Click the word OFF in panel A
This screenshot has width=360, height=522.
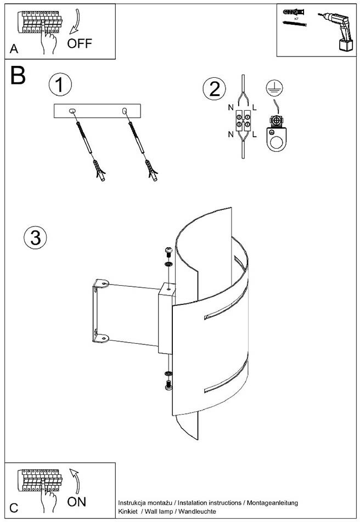[x=80, y=43]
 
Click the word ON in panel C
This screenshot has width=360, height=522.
[x=76, y=502]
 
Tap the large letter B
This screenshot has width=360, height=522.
[x=18, y=75]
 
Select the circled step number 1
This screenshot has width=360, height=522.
[x=60, y=84]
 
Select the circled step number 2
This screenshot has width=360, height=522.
[x=215, y=89]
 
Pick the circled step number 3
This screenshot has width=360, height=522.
[x=35, y=238]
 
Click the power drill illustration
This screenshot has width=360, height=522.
[x=336, y=31]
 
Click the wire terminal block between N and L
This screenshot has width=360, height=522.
[x=243, y=121]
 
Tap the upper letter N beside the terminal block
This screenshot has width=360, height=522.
[x=230, y=107]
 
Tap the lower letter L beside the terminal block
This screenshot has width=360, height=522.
[x=254, y=134]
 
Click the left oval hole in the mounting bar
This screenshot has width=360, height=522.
[x=72, y=111]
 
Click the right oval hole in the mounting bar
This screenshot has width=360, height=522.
[x=125, y=111]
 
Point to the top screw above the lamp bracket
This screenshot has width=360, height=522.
[x=168, y=252]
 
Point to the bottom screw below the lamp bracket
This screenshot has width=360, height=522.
[x=168, y=385]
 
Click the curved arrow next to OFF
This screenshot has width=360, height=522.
[x=76, y=21]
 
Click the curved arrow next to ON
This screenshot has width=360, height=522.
[x=75, y=482]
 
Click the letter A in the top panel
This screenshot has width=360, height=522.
[x=14, y=49]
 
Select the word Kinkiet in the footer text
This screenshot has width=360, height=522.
[x=128, y=512]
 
